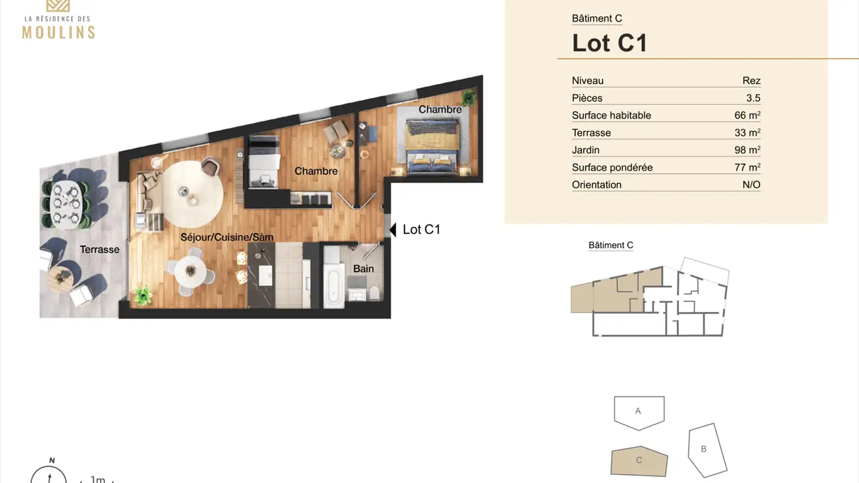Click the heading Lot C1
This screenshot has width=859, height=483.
tap(609, 43)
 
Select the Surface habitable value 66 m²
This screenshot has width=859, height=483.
tap(747, 115)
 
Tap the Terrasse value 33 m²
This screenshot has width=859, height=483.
tap(747, 132)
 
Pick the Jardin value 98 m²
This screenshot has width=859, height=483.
tap(747, 150)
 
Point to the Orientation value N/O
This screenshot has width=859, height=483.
tap(751, 185)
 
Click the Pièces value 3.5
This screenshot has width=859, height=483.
tap(753, 98)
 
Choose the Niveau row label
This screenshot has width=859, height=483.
tap(588, 80)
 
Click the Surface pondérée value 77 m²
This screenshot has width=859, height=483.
tap(747, 168)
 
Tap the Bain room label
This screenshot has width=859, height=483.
tap(363, 269)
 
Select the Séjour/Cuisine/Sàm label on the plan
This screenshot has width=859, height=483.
tap(227, 237)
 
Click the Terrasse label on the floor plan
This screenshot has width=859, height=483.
tap(100, 249)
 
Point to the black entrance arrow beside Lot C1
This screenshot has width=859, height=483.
tap(393, 230)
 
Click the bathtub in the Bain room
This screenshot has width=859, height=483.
tap(333, 286)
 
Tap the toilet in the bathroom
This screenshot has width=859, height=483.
tap(375, 293)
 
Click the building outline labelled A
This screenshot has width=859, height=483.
tap(639, 411)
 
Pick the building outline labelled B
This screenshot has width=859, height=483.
tap(707, 450)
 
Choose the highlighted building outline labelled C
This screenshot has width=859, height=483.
tap(639, 461)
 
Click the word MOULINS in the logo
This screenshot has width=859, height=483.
tap(58, 32)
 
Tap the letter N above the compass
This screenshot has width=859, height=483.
tap(52, 460)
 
